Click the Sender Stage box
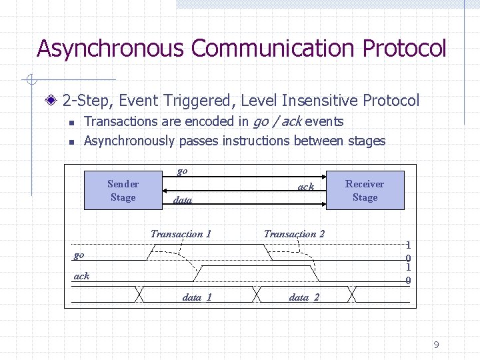(x=123, y=191)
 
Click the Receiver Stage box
(x=365, y=191)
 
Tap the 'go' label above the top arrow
(x=182, y=171)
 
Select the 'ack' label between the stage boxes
(x=305, y=187)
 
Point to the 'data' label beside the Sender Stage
(x=182, y=200)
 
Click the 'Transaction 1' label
(x=181, y=233)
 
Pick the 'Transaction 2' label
(x=294, y=233)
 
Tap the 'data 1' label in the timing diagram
(x=197, y=297)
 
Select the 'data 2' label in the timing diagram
(x=303, y=297)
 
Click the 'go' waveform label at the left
(x=79, y=255)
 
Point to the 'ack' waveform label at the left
(x=81, y=276)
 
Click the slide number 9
(x=436, y=345)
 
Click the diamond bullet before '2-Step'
(x=53, y=101)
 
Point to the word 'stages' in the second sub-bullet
(x=367, y=141)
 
